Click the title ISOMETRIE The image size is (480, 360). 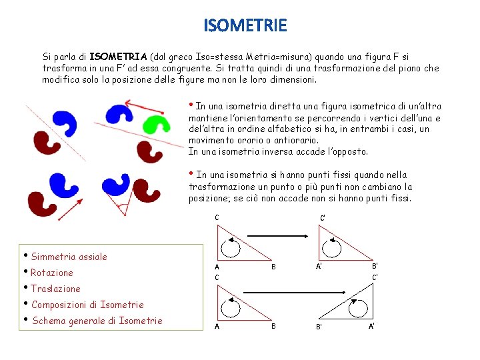coord(245,26)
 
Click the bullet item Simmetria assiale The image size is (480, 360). coord(69,257)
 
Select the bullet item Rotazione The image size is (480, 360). coord(51,273)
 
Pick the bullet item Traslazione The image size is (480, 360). coord(55,289)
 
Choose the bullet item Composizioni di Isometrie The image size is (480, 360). coord(87,305)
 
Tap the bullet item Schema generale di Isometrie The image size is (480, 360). coord(97,321)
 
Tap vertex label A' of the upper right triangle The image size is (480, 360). coord(320,266)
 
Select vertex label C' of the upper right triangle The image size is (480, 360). coord(323,218)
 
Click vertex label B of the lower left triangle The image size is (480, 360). coord(273,327)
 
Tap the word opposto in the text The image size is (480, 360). coord(346,151)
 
